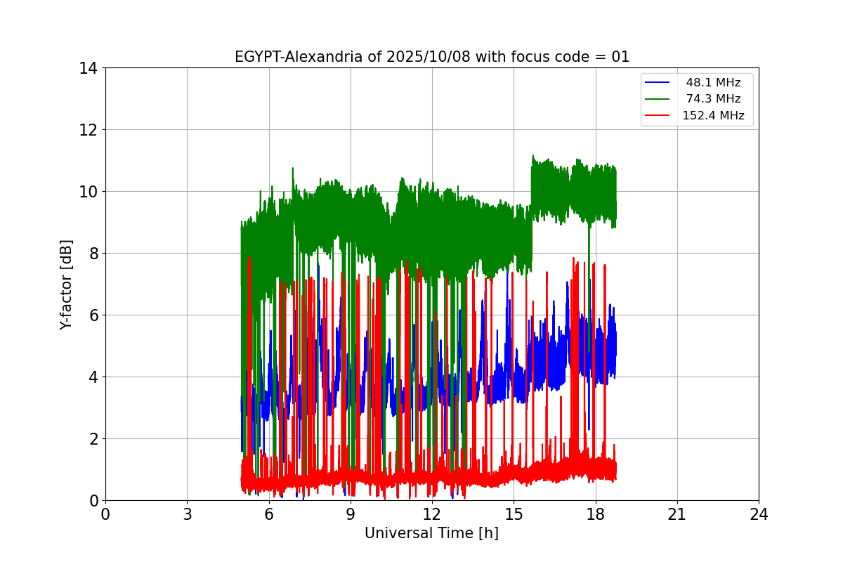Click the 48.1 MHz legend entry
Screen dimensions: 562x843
click(713, 83)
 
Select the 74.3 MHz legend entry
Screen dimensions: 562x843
click(713, 99)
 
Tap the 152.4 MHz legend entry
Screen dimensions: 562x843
click(713, 116)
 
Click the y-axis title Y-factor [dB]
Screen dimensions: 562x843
click(66, 284)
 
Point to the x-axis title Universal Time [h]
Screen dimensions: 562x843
click(431, 533)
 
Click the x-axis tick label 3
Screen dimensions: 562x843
click(187, 514)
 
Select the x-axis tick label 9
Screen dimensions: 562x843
click(351, 514)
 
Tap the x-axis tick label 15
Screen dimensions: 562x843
click(514, 514)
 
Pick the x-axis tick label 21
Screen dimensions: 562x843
click(677, 514)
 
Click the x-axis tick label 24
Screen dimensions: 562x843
click(759, 514)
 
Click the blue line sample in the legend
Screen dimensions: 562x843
click(658, 83)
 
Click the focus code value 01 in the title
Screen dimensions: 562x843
click(620, 57)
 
